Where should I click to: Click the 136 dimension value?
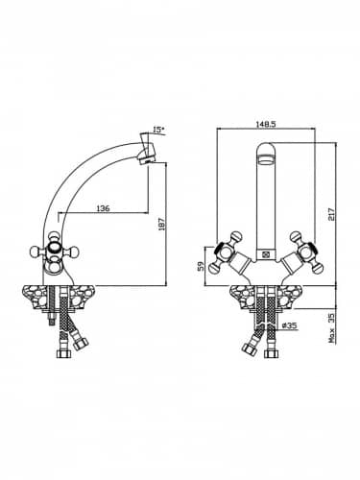point(103,208)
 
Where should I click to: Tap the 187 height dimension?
point(161,225)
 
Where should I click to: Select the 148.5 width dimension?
point(266,124)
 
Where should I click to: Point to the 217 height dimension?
point(331,214)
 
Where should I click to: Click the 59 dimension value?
point(201,266)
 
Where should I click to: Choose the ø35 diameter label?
point(290,325)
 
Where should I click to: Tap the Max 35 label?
point(332,328)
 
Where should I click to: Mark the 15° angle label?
point(158,130)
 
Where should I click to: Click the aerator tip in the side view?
point(148,157)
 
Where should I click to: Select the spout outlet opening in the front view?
point(266,159)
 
